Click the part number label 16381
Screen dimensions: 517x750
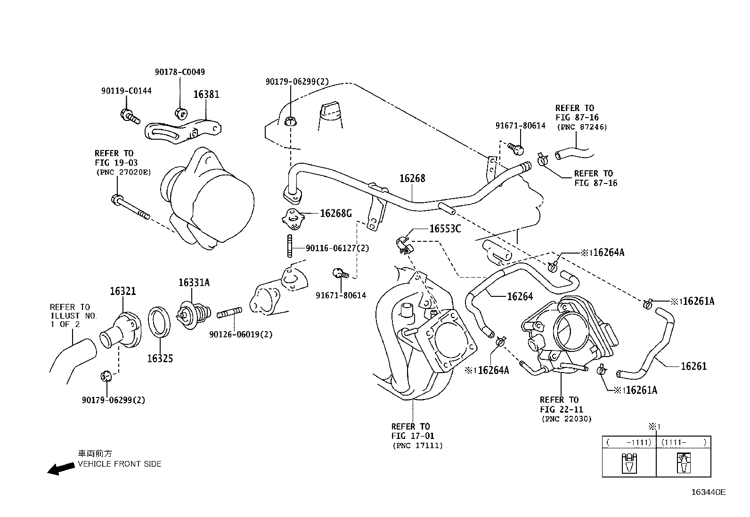pos(206,94)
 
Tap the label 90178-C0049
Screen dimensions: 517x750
pos(180,72)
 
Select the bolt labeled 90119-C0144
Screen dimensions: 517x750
pos(130,116)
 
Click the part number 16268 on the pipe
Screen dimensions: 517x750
pos(412,178)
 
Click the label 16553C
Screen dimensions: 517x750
pos(445,229)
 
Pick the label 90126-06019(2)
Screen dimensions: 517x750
pos(241,334)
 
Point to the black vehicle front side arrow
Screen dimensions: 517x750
pos(61,469)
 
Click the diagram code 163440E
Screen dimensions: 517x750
pos(708,492)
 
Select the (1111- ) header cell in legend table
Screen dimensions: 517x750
pos(684,442)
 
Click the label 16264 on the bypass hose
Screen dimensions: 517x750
pos(520,296)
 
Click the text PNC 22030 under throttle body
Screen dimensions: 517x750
pos(566,419)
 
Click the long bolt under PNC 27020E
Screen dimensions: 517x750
pos(130,207)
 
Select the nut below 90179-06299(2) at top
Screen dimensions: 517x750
pos(290,121)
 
